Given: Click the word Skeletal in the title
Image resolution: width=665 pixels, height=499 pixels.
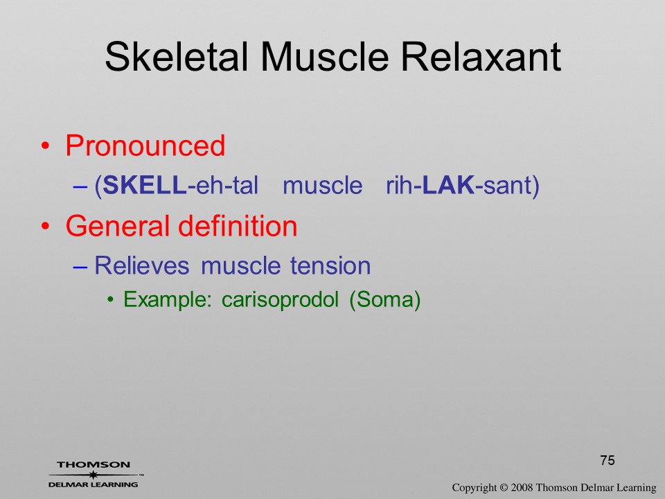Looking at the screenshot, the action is tap(176, 56).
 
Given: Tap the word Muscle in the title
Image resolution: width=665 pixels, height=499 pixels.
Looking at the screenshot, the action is tap(325, 56).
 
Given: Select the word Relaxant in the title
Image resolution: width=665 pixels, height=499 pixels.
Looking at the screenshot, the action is tap(481, 56).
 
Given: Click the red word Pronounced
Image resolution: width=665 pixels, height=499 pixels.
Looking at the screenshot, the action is tap(145, 146).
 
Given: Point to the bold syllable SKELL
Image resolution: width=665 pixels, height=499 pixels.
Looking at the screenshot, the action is tap(144, 185).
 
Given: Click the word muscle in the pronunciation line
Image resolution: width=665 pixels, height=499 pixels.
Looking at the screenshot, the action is tap(322, 186).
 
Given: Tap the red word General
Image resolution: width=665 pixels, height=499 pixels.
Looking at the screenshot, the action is tap(118, 225).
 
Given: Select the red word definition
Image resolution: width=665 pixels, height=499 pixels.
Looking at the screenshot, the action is tap(238, 225).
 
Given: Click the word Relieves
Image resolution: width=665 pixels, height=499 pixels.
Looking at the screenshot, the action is tap(141, 265).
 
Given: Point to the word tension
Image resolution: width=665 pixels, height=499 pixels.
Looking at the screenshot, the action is tap(330, 265).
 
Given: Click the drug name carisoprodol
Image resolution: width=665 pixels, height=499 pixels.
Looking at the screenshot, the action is tap(280, 300).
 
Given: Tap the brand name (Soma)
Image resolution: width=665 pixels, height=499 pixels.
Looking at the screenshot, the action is tap(385, 300).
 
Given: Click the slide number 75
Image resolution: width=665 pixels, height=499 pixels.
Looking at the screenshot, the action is tap(608, 460).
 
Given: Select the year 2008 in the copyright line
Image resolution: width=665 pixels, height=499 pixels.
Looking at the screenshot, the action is tap(522, 487).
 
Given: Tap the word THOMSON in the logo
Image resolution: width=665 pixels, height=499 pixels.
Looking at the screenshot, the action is tap(94, 464).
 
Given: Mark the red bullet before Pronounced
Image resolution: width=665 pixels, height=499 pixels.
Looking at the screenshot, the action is tap(46, 146).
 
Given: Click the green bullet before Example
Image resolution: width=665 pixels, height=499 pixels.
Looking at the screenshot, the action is tap(111, 300).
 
